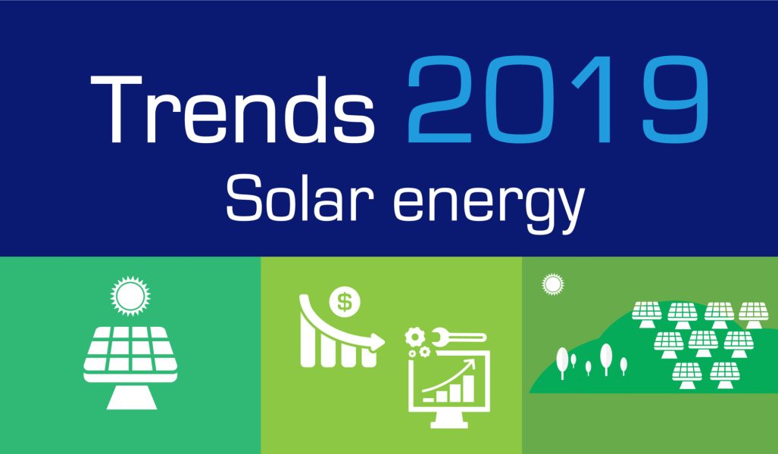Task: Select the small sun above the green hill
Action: click(552, 285)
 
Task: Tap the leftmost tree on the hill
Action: click(561, 362)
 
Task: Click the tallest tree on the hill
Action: click(605, 358)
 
